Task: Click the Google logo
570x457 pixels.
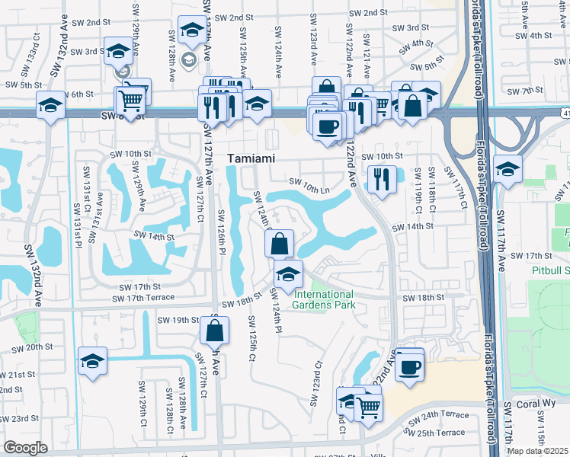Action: pyautogui.click(x=25, y=448)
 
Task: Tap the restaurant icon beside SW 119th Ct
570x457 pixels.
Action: pyautogui.click(x=380, y=180)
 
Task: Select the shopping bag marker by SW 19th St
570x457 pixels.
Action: pyautogui.click(x=215, y=331)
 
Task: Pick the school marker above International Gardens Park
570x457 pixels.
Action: pyautogui.click(x=288, y=275)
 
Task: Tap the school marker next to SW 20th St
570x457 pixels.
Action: pyautogui.click(x=92, y=362)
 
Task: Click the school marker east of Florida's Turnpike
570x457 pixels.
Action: pyautogui.click(x=507, y=170)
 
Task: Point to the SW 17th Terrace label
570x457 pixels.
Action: pyautogui.click(x=142, y=297)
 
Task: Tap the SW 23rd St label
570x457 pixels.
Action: pyautogui.click(x=19, y=418)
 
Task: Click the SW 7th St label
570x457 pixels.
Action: pyautogui.click(x=527, y=91)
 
